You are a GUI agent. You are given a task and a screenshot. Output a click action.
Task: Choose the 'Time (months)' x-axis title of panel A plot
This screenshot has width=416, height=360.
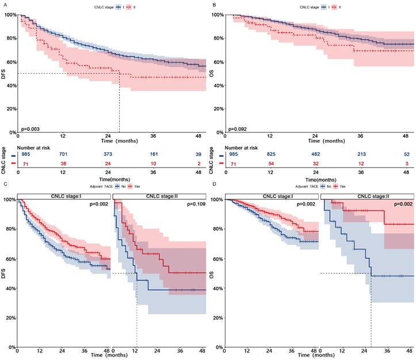[x=112, y=141]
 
